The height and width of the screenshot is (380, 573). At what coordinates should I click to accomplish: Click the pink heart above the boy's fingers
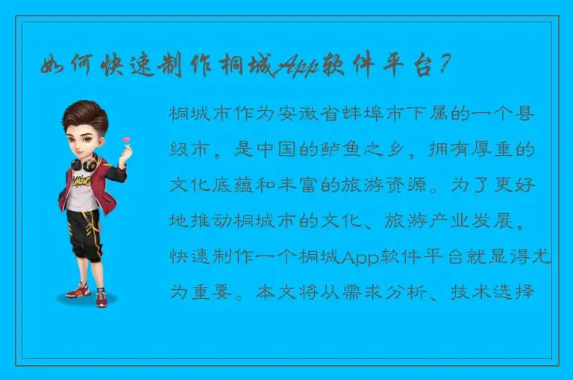point(126,139)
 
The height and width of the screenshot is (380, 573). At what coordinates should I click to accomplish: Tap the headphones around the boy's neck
point(84,162)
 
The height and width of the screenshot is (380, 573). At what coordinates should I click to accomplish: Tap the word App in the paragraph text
point(360,257)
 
